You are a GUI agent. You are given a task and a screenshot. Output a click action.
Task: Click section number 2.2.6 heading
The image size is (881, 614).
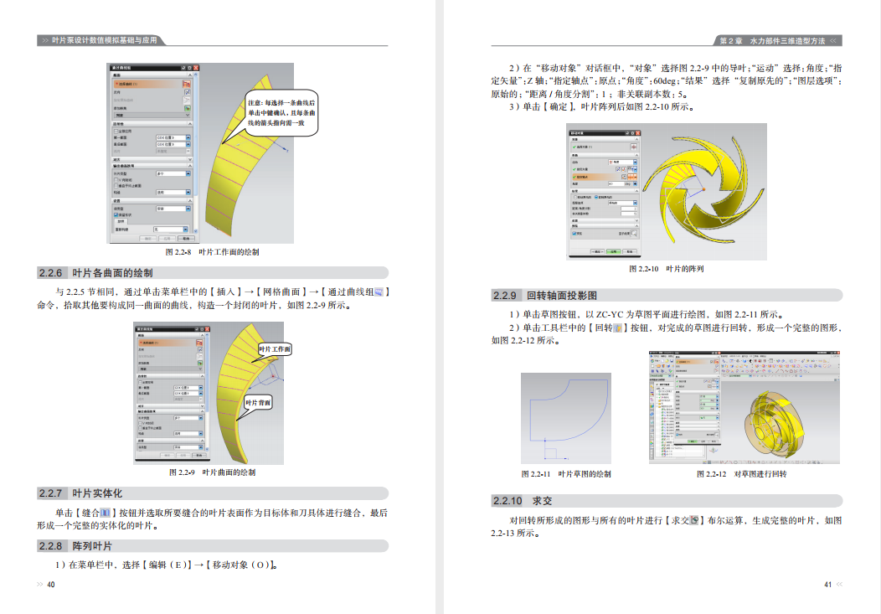pyautogui.click(x=51, y=273)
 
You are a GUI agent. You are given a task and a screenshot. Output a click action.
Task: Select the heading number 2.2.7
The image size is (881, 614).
pyautogui.click(x=51, y=493)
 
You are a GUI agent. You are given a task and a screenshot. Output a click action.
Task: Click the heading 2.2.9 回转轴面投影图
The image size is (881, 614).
pyautogui.click(x=544, y=296)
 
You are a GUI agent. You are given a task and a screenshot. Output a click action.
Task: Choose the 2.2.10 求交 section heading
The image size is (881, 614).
pyautogui.click(x=522, y=501)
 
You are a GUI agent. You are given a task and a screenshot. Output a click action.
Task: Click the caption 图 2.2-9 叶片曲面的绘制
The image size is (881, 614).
pyautogui.click(x=212, y=472)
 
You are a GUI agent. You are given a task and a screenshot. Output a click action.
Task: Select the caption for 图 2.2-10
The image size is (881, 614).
pyautogui.click(x=666, y=269)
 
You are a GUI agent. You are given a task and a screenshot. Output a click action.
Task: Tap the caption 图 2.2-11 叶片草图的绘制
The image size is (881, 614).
pyautogui.click(x=565, y=474)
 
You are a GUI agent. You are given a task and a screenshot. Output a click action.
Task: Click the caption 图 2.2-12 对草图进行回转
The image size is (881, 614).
pyautogui.click(x=741, y=474)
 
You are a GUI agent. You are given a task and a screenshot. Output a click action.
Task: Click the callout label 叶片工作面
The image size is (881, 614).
pyautogui.click(x=275, y=349)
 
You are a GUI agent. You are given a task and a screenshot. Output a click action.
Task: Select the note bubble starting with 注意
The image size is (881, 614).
pyautogui.click(x=281, y=113)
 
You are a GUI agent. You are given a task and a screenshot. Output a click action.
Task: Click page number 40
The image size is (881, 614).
pyautogui.click(x=50, y=585)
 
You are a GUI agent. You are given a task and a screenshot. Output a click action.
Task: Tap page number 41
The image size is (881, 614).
pyautogui.click(x=827, y=585)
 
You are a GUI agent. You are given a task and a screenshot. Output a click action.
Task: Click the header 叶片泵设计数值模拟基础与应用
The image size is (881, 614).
pyautogui.click(x=104, y=40)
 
